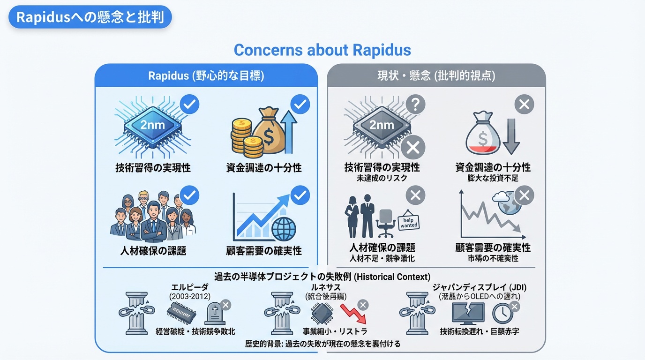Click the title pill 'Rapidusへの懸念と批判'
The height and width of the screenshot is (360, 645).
90,17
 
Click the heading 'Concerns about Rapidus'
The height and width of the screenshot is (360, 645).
322,50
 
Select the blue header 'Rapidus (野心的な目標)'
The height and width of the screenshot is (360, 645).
206,75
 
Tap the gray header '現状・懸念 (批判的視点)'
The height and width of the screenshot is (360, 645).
436,75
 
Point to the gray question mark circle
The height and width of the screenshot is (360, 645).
415,104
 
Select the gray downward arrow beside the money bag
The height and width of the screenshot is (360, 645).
510,136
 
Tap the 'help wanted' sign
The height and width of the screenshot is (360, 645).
409,223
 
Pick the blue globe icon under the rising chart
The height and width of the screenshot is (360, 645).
284,228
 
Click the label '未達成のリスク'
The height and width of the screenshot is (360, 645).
382,178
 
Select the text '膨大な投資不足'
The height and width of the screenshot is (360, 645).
493,178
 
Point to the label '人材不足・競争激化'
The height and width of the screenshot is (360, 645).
382,258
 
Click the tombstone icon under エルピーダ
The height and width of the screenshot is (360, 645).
214,313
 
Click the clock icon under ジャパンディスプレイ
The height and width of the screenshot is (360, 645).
502,313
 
